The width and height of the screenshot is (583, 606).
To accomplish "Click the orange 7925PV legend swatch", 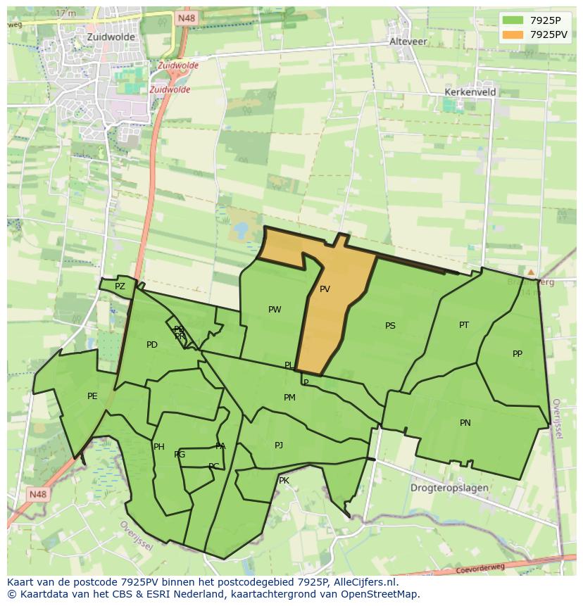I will pos(512,34).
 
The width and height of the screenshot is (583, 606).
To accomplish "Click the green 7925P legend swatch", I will pos(512,20).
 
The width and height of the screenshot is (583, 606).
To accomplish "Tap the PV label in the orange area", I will pos(325,289).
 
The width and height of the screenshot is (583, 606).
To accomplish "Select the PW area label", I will pos(275,310).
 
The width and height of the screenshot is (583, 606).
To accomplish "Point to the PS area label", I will pos(390,326).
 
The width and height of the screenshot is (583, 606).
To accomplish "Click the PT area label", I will pos(464,325).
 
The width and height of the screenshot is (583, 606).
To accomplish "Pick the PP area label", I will pos(518,354).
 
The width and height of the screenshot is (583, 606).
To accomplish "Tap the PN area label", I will pos(465,423).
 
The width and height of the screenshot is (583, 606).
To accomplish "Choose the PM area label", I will pos(289,398).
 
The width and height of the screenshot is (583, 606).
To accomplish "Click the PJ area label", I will pos(279,446).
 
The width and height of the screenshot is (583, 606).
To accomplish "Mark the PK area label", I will pos(284,481).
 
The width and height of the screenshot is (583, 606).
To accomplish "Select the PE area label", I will pos(92,396).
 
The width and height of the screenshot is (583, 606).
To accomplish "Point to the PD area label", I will pos(152,345).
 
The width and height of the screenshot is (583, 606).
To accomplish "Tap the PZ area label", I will pos(120,286).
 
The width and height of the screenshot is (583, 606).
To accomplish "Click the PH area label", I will pos(159,447).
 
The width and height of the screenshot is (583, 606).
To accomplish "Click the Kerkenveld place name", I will pos(470,92).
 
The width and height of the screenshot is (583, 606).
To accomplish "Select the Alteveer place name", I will pos(408,42).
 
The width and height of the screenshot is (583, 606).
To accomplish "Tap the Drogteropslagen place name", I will pos(449,488).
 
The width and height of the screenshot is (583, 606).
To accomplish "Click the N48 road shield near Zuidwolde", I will pos(186,18).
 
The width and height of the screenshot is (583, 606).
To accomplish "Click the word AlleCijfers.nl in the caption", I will pos(364,582).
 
